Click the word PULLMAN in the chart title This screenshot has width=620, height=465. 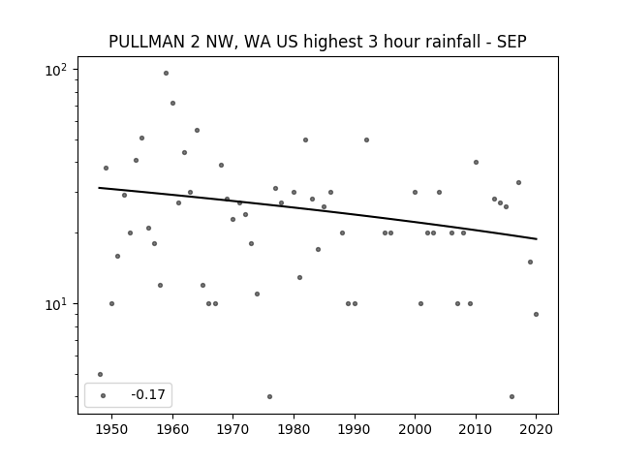(146, 42)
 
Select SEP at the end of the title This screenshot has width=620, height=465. (511, 42)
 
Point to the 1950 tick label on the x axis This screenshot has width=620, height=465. (112, 429)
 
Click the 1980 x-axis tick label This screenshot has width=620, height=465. (294, 429)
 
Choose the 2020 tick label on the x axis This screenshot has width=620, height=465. (536, 429)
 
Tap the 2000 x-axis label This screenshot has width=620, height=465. (416, 429)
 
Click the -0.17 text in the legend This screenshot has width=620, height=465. (148, 394)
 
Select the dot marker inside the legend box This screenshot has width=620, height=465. (104, 395)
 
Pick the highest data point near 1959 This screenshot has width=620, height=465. (166, 74)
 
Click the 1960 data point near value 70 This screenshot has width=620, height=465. (172, 104)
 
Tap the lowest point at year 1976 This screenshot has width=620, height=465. (269, 396)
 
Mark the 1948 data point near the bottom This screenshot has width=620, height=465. (100, 375)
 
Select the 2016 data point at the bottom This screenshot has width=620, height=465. (512, 396)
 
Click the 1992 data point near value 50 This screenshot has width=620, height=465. (366, 139)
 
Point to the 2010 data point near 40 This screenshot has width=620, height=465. (476, 162)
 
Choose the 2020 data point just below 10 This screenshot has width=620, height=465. (536, 314)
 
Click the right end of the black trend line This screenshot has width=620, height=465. (537, 239)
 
